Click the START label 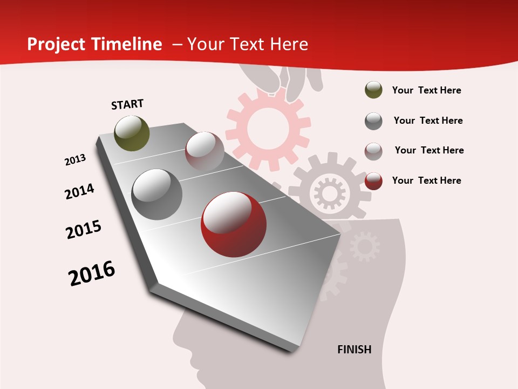(127, 104)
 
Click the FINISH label (355, 350)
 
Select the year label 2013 (76, 160)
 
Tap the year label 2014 (80, 191)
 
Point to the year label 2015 (84, 230)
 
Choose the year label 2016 (92, 273)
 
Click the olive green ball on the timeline (132, 133)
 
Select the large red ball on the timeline (233, 224)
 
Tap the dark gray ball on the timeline (157, 194)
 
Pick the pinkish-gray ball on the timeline (205, 151)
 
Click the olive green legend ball (373, 90)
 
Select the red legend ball (373, 181)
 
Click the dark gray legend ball (373, 121)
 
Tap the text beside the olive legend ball (426, 90)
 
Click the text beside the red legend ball (426, 180)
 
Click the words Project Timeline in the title (94, 44)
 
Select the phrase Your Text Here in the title (247, 44)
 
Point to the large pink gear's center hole (268, 129)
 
